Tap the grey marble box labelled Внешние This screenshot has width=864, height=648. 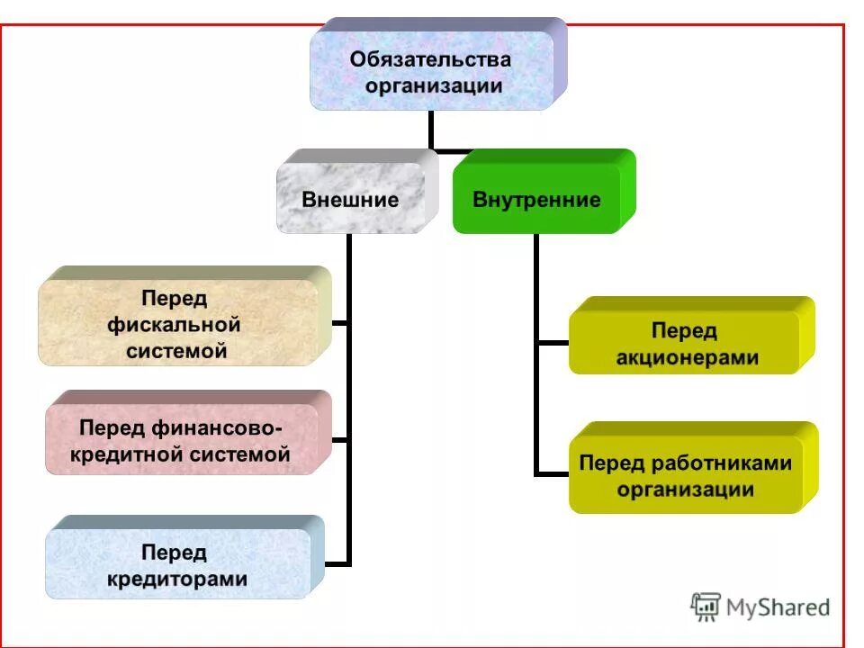click(350, 199)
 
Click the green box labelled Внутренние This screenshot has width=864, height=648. click(536, 199)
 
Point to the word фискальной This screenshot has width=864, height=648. click(174, 324)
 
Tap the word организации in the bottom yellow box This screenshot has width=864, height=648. click(686, 490)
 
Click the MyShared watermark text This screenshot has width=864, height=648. click(779, 607)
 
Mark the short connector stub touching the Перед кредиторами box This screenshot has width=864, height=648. click(337, 564)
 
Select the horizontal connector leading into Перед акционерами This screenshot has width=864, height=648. click(552, 343)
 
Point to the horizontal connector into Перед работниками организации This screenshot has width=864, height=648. click(552, 472)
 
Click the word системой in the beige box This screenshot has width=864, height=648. click(176, 351)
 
